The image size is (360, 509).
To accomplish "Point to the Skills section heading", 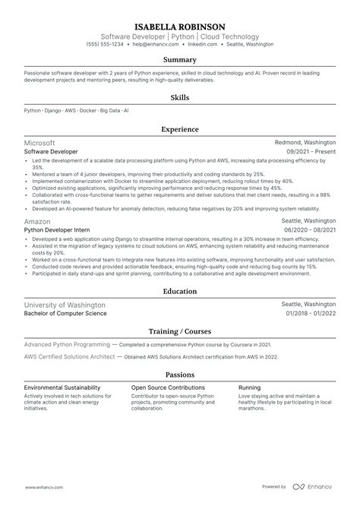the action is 180,97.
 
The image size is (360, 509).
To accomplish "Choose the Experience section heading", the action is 180,129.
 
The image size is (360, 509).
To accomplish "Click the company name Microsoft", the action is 39,143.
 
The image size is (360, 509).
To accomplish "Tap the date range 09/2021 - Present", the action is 311,152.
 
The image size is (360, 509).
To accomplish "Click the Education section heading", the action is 180,290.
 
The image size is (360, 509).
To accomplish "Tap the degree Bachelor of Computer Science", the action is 65,313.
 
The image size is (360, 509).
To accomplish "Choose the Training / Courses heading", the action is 180,331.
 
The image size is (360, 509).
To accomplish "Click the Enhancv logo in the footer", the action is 322,487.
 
